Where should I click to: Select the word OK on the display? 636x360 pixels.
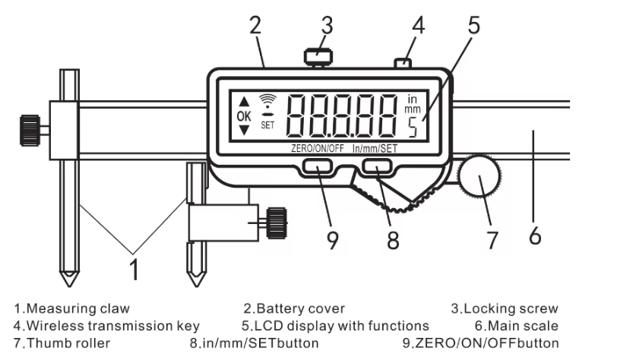click(243, 116)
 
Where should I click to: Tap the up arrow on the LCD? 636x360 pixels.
click(243, 101)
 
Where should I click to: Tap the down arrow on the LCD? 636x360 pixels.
click(243, 131)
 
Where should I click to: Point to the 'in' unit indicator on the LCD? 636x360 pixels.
click(413, 98)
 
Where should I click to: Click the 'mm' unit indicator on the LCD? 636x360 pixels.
click(413, 109)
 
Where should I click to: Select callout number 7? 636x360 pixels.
click(492, 240)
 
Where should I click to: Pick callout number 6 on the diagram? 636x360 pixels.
click(535, 236)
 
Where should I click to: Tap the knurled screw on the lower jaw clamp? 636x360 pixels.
click(275, 223)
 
